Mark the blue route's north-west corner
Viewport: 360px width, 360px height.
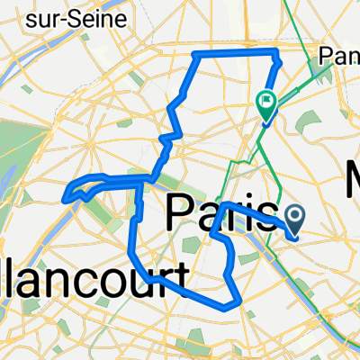[x=195, y=56]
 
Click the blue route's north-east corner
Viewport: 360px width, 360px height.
[x=274, y=56]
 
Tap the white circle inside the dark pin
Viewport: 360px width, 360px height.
[x=297, y=213]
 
